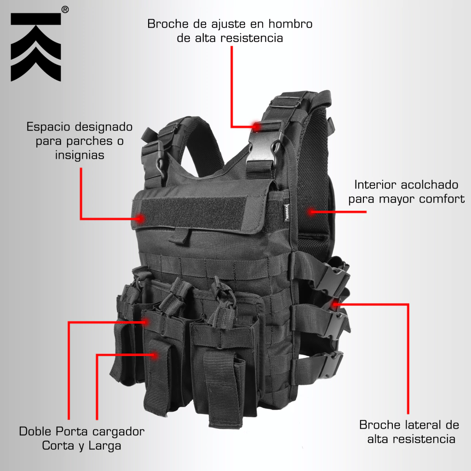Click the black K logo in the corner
(x=36, y=47)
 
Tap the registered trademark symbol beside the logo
(x=65, y=10)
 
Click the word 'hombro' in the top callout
(x=291, y=24)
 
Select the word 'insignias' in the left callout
(x=80, y=155)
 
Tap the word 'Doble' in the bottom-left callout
(x=35, y=431)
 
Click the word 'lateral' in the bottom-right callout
(x=424, y=425)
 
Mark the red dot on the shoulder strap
(x=256, y=126)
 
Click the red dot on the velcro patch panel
(x=140, y=218)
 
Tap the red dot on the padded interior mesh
(x=312, y=212)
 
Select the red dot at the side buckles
(x=335, y=304)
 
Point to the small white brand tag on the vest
(x=287, y=213)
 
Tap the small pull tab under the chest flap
(x=180, y=235)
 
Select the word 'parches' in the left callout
(x=89, y=141)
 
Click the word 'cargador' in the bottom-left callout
(x=118, y=432)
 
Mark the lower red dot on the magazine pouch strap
(x=155, y=356)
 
